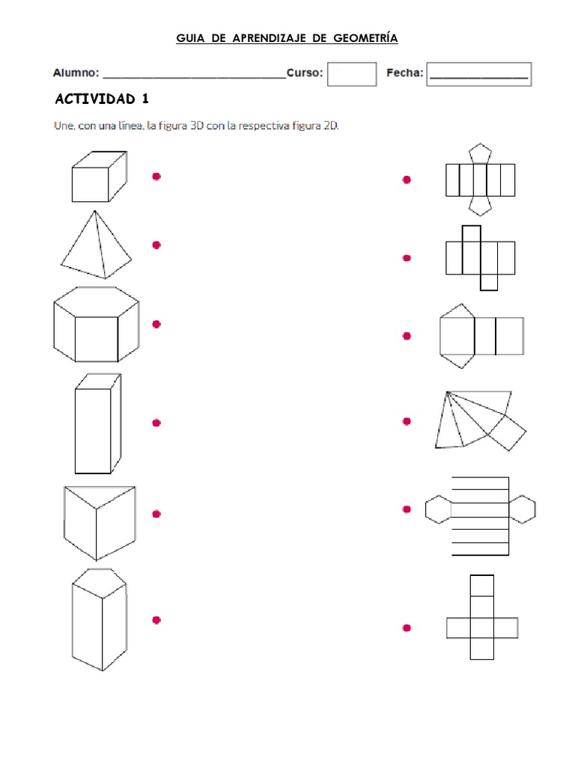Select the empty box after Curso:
[x=352, y=74]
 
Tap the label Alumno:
[x=76, y=73]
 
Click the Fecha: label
[x=404, y=73]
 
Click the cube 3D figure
[x=98, y=177]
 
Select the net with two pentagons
[x=480, y=180]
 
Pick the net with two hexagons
[x=480, y=516]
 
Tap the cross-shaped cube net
[x=481, y=617]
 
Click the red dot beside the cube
[x=156, y=177]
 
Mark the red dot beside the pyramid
[x=156, y=245]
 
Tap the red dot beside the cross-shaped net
[x=407, y=628]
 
